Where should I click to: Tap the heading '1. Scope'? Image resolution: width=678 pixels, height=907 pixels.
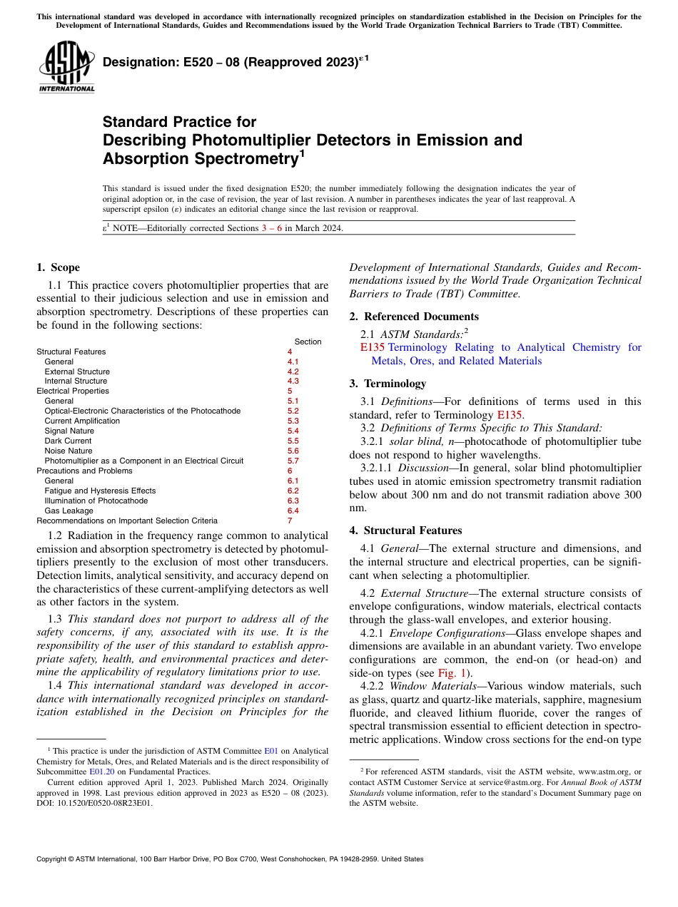[58, 267]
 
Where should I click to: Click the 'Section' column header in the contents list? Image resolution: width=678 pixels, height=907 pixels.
[308, 342]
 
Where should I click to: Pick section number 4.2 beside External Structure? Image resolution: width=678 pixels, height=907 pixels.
[293, 371]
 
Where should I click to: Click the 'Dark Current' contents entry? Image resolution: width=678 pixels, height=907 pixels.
[68, 441]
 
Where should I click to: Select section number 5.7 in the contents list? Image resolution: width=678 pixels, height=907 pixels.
[293, 461]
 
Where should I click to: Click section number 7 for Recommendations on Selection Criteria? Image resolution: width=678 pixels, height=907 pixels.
[290, 521]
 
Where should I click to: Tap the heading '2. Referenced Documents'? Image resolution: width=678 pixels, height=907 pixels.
[413, 317]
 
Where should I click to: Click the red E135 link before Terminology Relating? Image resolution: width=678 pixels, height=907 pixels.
[373, 347]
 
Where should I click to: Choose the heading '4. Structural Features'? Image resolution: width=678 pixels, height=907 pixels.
[405, 531]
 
